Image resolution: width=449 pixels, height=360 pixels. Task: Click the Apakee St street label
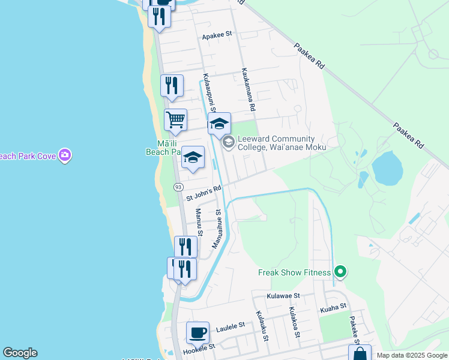click(x=217, y=35)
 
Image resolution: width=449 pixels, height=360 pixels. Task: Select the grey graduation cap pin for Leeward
click(x=228, y=142)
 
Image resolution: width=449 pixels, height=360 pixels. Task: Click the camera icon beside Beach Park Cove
click(x=65, y=156)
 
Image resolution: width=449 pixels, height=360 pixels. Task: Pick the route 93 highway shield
click(x=178, y=188)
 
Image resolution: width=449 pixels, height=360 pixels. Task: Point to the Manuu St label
click(x=199, y=222)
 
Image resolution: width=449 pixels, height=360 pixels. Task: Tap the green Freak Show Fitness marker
click(x=340, y=272)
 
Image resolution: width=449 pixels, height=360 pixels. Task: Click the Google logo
click(x=20, y=353)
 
